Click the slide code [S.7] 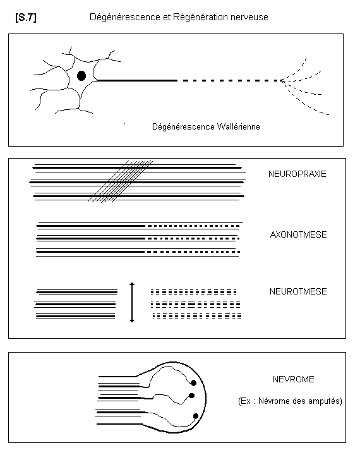tap(26, 18)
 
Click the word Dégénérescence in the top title tap(125, 17)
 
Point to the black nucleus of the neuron tap(81, 76)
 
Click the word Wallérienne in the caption tap(239, 126)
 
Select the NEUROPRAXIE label tap(297, 174)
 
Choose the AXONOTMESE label tap(298, 234)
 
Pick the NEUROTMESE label tap(298, 291)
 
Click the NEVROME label tap(294, 379)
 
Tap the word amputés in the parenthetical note tap(325, 401)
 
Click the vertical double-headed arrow tap(132, 302)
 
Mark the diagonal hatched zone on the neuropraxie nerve tap(120, 181)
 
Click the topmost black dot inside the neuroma tap(193, 383)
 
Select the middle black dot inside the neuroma tap(191, 396)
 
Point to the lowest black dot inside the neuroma tap(196, 416)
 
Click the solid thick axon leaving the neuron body tap(136, 80)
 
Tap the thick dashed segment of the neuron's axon tap(229, 80)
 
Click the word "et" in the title tap(167, 18)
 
